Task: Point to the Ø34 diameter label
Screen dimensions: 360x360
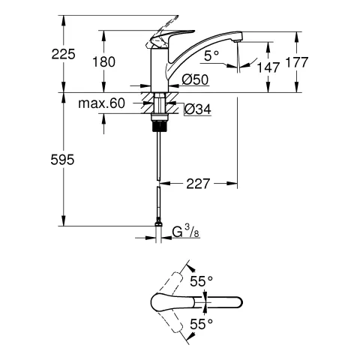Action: (x=196, y=109)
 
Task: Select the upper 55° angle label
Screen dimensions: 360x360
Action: (x=201, y=281)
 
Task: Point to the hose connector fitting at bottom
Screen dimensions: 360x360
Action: (x=158, y=223)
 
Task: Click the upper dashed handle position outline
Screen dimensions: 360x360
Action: (x=175, y=283)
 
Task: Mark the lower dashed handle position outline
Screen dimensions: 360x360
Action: (x=175, y=321)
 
